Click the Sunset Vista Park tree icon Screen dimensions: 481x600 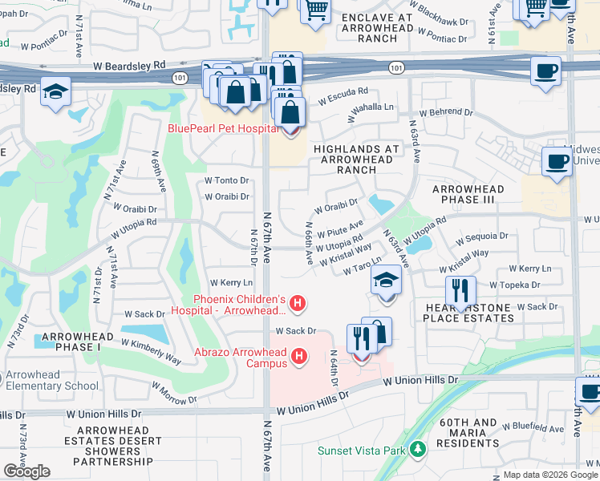coord(416,450)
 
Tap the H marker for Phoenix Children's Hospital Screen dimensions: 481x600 coord(298,304)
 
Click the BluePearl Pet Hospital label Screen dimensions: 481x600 coord(222,128)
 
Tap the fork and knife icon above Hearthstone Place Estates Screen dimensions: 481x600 coord(460,290)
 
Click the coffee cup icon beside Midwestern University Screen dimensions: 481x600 coord(557,161)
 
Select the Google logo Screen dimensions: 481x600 coord(26,471)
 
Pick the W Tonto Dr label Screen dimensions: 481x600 coord(227,180)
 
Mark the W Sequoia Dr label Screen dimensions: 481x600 coord(481,236)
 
